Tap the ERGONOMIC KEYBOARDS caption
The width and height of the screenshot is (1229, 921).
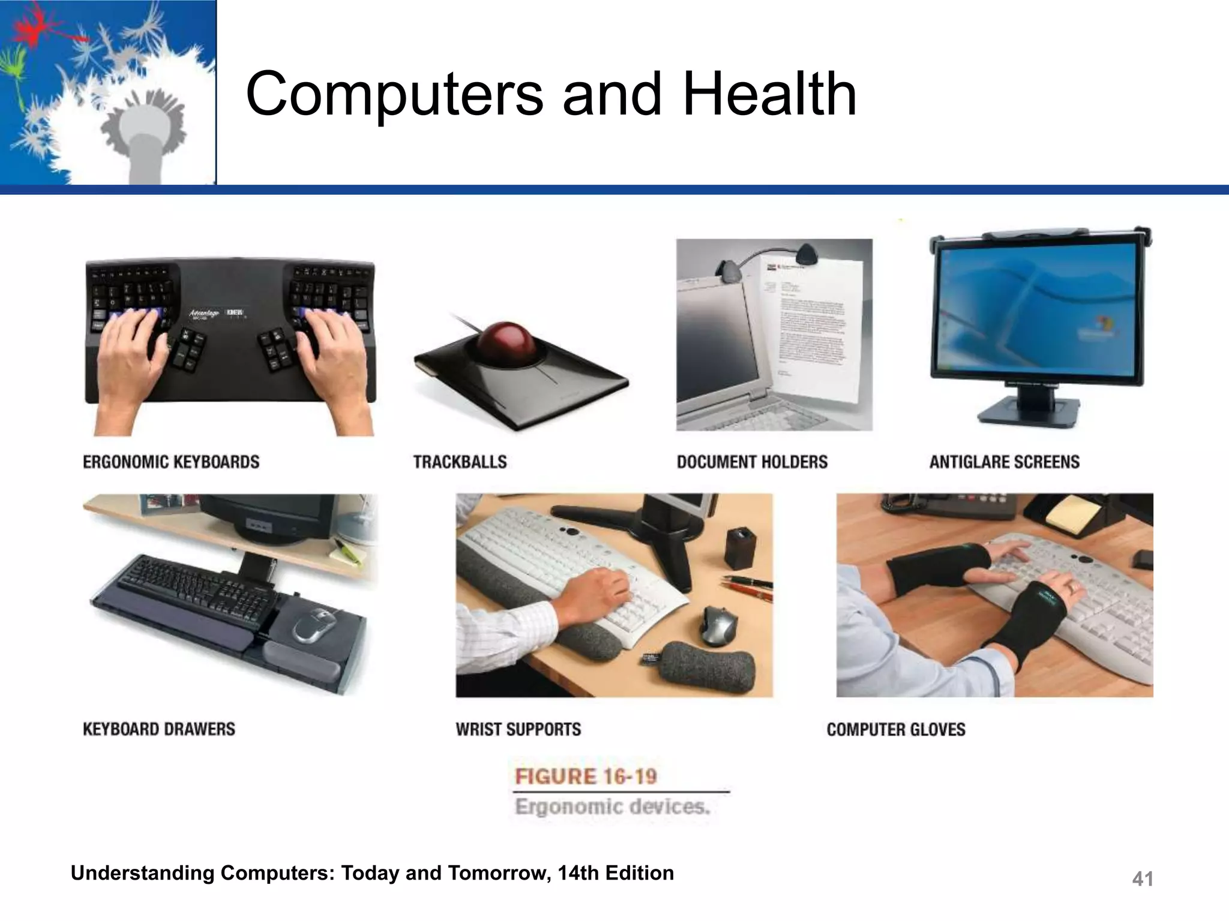click(171, 462)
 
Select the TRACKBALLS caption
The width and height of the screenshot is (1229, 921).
click(460, 462)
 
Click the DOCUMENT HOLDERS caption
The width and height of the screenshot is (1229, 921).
click(752, 462)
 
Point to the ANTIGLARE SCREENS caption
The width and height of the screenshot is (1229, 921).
click(1005, 462)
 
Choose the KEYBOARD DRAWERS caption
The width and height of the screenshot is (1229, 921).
click(159, 729)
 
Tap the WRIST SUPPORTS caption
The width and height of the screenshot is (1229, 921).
click(518, 729)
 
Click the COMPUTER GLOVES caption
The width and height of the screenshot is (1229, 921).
click(896, 729)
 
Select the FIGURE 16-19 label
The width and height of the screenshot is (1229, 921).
click(586, 776)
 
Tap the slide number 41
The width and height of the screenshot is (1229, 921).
click(1142, 879)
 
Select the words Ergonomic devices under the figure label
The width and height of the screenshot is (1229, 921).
click(612, 806)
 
